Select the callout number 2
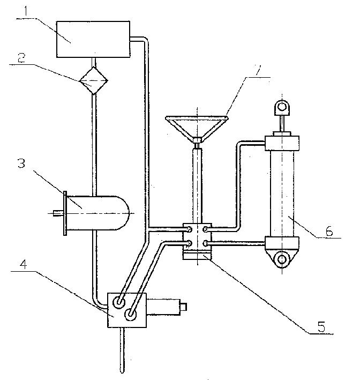(x=21, y=58)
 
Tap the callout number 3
(x=21, y=163)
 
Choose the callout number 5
(x=321, y=326)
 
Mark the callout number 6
(x=329, y=230)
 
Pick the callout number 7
(x=257, y=70)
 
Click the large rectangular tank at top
(x=93, y=39)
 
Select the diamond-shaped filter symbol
(x=94, y=80)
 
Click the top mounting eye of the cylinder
(x=281, y=107)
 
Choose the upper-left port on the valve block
(x=189, y=229)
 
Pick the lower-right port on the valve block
(x=205, y=243)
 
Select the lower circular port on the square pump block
(x=130, y=315)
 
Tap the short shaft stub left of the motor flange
(x=58, y=213)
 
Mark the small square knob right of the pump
(x=183, y=307)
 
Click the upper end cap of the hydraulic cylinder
(x=282, y=143)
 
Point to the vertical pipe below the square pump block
(x=122, y=350)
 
